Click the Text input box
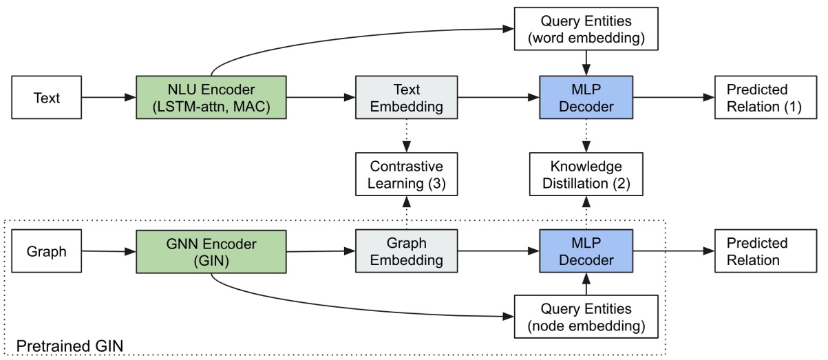click(x=47, y=98)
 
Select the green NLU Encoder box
click(x=211, y=98)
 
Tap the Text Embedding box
click(x=405, y=98)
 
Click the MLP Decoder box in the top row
click(x=585, y=98)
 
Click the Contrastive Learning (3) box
click(x=405, y=175)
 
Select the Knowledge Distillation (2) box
click(x=585, y=175)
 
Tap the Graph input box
click(x=47, y=252)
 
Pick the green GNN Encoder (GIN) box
click(x=211, y=252)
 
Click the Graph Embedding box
click(x=405, y=252)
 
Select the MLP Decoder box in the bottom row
click(x=585, y=252)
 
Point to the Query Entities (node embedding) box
click(x=585, y=317)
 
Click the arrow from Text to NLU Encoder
click(x=109, y=98)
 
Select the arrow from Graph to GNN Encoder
click(x=109, y=252)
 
